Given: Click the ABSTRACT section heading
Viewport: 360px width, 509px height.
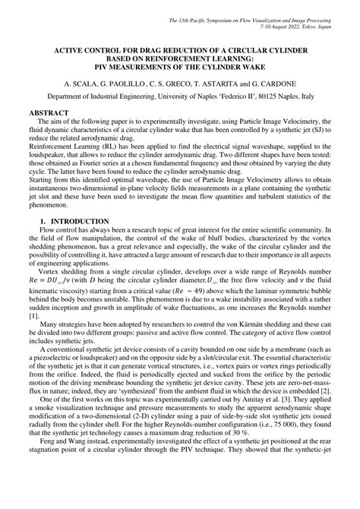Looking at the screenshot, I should coord(49,112).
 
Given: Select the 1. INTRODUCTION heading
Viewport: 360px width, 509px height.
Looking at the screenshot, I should coord(74,221).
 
